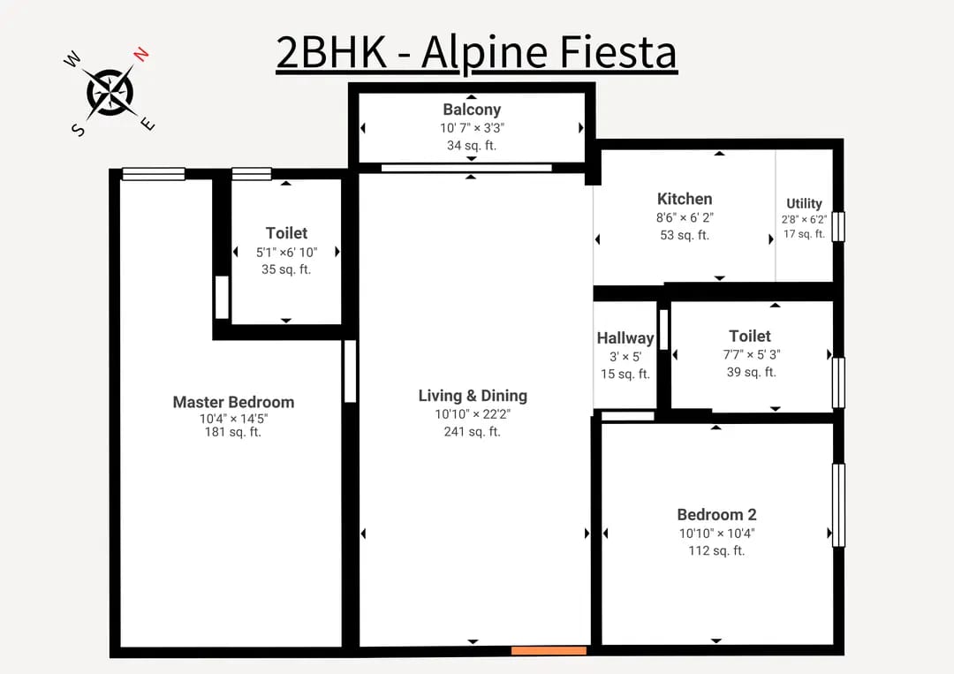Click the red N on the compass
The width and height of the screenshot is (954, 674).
pyautogui.click(x=141, y=54)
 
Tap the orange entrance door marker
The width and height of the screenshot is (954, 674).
pyautogui.click(x=549, y=651)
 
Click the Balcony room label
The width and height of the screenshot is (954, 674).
pyautogui.click(x=472, y=110)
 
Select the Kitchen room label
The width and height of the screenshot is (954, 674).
pyautogui.click(x=685, y=199)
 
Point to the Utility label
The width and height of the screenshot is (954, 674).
pyautogui.click(x=804, y=203)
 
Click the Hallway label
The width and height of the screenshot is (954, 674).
pyautogui.click(x=625, y=337)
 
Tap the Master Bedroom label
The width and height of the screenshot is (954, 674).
pyautogui.click(x=233, y=402)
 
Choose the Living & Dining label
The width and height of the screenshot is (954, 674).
pyautogui.click(x=473, y=396)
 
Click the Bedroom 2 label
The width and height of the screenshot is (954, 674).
pyautogui.click(x=716, y=515)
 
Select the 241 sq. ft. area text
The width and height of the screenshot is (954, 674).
pyautogui.click(x=472, y=431)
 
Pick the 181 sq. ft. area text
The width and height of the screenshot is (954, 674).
pyautogui.click(x=233, y=432)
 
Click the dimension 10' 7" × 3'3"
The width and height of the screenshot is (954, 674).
pyautogui.click(x=472, y=128)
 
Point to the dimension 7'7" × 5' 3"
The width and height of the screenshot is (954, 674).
pyautogui.click(x=752, y=354)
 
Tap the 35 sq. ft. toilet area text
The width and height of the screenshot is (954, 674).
pyautogui.click(x=286, y=269)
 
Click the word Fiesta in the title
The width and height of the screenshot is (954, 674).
pyautogui.click(x=617, y=51)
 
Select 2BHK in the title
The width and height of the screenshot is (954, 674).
pyautogui.click(x=331, y=52)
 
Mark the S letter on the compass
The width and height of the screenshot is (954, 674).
pyautogui.click(x=79, y=130)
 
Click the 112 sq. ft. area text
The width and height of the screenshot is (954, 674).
pyautogui.click(x=716, y=550)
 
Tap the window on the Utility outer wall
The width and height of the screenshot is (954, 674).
pyautogui.click(x=838, y=226)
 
